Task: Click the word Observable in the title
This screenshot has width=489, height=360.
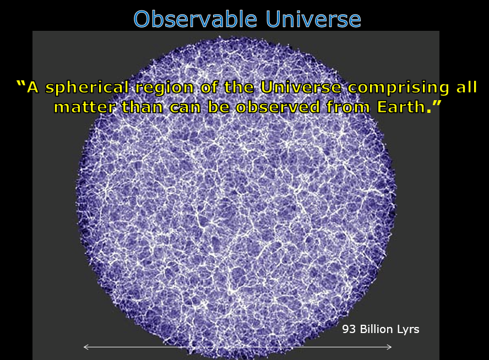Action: click(x=195, y=19)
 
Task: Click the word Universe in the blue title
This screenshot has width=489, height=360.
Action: click(x=313, y=19)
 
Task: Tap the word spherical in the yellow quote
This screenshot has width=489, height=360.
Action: click(x=87, y=88)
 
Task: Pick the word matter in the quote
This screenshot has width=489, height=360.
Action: click(x=85, y=107)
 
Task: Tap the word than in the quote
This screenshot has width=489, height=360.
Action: click(x=143, y=107)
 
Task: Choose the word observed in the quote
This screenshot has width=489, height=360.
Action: click(x=278, y=107)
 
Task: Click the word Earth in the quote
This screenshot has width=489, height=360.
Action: click(x=401, y=107)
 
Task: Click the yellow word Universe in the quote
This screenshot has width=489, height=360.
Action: click(x=301, y=88)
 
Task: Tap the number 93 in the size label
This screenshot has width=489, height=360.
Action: click(x=349, y=329)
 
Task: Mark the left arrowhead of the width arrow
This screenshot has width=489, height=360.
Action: click(x=86, y=347)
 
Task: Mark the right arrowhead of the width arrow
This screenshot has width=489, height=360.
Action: click(x=389, y=347)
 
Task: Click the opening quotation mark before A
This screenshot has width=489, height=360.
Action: click(x=20, y=84)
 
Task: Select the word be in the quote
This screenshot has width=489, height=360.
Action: click(x=219, y=107)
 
